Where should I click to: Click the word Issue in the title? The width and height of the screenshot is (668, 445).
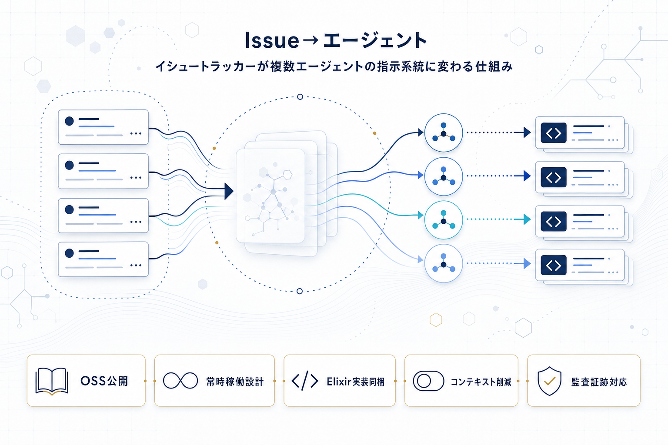[x=272, y=40]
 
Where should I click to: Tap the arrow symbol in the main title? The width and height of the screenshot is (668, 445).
[x=311, y=40]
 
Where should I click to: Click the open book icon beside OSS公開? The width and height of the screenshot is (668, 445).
[x=52, y=381]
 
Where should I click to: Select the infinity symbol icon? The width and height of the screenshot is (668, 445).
[x=180, y=381]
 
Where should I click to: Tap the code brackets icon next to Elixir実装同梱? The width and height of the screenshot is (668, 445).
[x=304, y=381]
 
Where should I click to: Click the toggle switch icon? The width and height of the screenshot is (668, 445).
[x=428, y=381]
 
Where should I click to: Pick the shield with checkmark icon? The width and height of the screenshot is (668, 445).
[x=549, y=381]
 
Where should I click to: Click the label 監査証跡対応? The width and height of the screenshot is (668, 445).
[x=599, y=382]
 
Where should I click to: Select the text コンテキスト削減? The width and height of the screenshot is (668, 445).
[x=481, y=382]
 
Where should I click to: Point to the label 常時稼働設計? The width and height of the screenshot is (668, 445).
[x=235, y=382]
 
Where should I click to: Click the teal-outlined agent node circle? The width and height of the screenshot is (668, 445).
[x=443, y=220]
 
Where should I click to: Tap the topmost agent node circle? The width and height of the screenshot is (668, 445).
[x=443, y=133]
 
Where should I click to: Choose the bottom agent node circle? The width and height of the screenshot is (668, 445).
[x=443, y=264]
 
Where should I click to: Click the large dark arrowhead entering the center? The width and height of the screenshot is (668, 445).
[x=229, y=191]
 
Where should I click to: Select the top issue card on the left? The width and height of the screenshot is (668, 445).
[x=103, y=127]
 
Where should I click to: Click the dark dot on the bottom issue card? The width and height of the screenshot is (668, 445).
[x=69, y=253]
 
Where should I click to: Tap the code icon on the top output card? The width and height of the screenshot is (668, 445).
[x=553, y=133]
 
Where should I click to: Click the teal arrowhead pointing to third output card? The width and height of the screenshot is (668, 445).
[x=527, y=219]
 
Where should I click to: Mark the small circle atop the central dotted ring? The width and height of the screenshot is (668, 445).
[x=300, y=97]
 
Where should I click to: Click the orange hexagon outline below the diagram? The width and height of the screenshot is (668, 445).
[x=436, y=320]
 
